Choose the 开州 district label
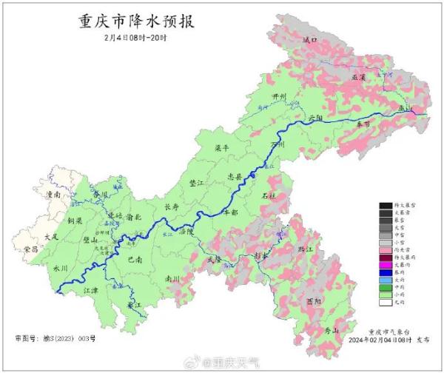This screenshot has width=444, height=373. [x=278, y=96]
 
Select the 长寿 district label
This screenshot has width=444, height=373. [x=171, y=206]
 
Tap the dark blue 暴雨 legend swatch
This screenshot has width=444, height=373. [x=385, y=272]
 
